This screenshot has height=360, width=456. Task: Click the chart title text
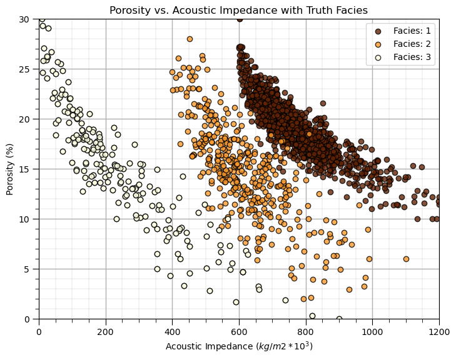pos(238,10)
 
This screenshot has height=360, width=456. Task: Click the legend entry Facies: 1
pos(412,31)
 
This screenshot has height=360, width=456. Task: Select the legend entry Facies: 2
pos(412,44)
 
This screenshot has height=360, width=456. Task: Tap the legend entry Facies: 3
pos(412,57)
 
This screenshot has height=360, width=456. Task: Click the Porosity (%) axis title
pos(10,169)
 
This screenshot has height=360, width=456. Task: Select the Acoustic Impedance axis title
pos(238,346)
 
